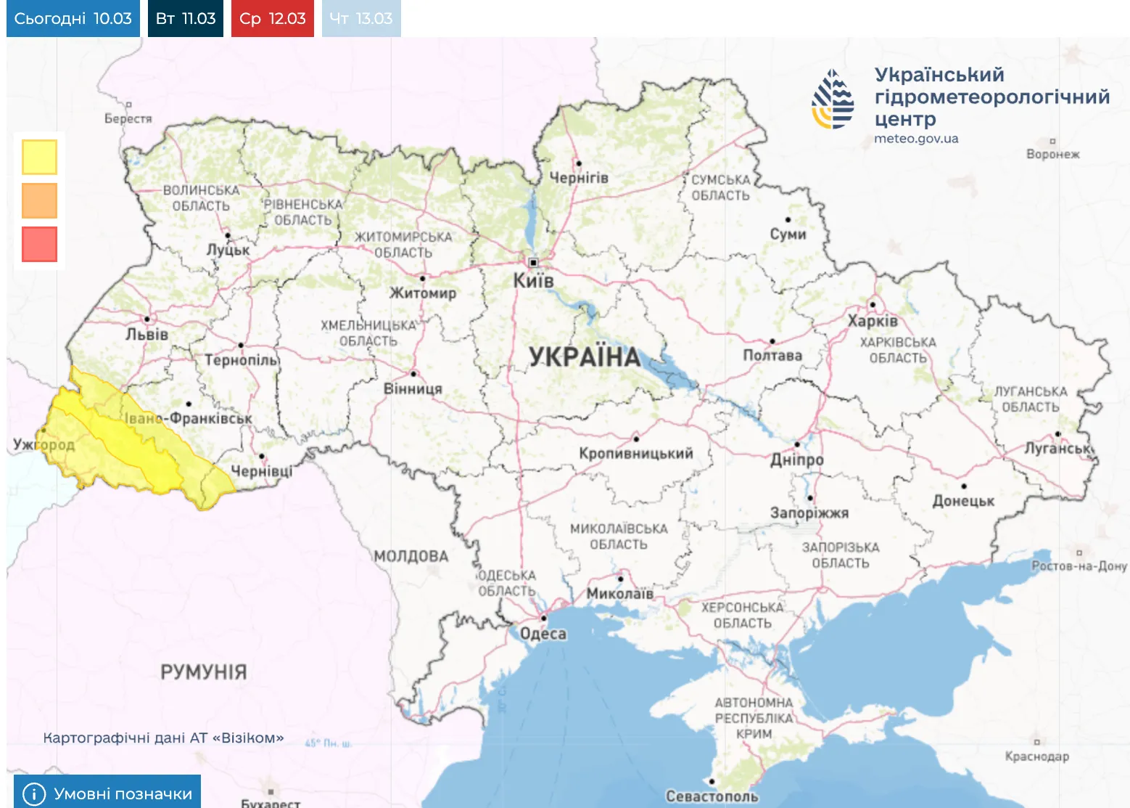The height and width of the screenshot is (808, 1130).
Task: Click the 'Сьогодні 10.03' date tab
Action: tap(73, 18)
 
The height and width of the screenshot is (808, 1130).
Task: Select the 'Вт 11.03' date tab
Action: tap(186, 18)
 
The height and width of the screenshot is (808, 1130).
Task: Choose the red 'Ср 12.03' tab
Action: tap(273, 18)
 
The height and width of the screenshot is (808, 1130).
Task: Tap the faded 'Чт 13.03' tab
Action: tap(361, 18)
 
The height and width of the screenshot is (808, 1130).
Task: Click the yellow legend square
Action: tap(39, 157)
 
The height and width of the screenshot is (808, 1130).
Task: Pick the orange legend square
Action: tap(39, 200)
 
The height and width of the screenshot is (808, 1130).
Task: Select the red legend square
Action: tap(39, 244)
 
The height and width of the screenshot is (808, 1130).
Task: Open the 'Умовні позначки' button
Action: tap(107, 793)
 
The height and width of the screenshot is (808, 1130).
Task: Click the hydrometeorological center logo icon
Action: tap(833, 99)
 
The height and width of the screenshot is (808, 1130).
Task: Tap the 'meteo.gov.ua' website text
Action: tap(916, 139)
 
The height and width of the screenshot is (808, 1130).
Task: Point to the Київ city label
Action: tap(533, 280)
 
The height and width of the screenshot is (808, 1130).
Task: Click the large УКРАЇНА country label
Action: tap(585, 356)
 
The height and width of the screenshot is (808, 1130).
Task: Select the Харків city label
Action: tap(873, 321)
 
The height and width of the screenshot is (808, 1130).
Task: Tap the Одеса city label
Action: tap(543, 634)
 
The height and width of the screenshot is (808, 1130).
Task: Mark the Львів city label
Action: tap(147, 335)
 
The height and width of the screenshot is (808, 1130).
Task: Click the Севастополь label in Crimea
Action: tap(712, 796)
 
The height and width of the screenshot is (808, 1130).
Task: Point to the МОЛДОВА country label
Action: tap(411, 556)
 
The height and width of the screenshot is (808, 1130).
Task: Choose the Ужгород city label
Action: tap(44, 444)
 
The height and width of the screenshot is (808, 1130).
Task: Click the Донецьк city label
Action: tap(963, 501)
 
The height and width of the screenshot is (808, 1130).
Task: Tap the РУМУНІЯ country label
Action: tap(204, 672)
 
